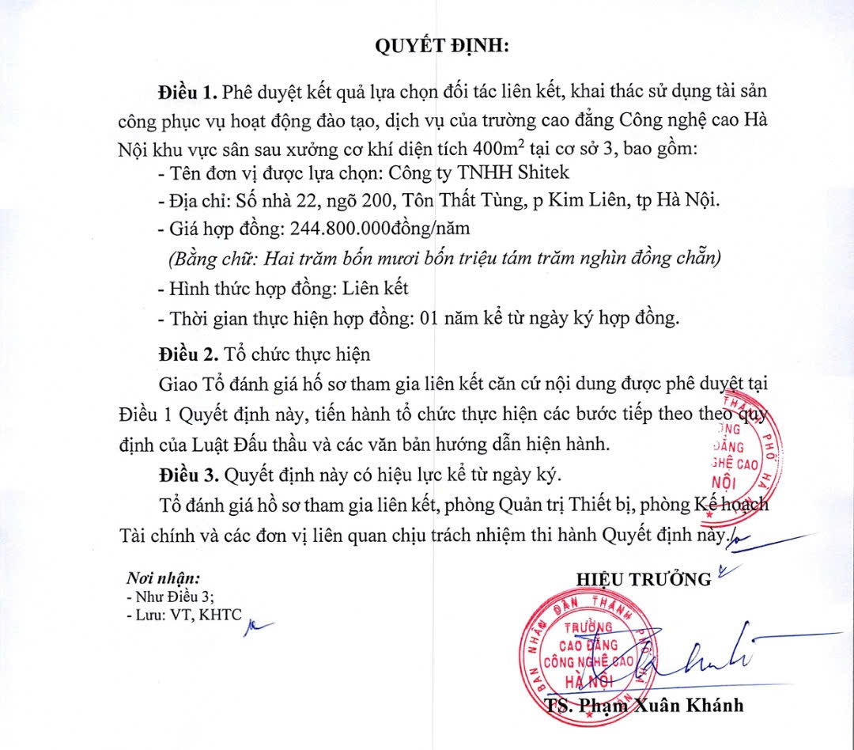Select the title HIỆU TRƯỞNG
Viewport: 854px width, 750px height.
pyautogui.click(x=644, y=579)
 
